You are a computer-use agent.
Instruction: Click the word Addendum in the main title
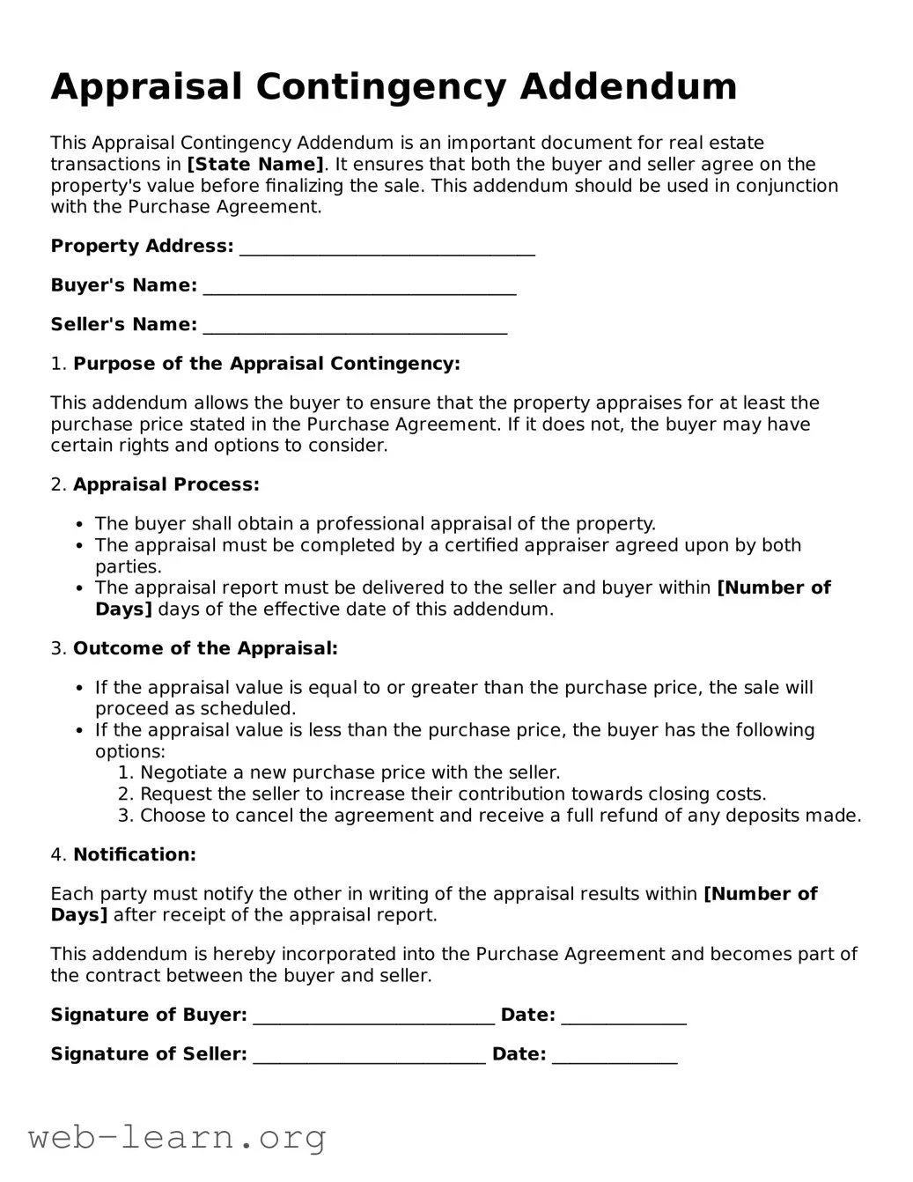click(x=628, y=86)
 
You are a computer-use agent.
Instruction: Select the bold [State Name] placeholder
click(x=255, y=165)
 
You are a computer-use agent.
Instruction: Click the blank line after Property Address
click(x=387, y=247)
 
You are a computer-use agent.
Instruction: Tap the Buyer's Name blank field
click(x=358, y=287)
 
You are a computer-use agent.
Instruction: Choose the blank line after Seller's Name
click(x=354, y=326)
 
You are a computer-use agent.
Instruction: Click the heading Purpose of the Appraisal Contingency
click(x=266, y=364)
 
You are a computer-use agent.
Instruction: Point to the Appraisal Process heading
click(x=166, y=484)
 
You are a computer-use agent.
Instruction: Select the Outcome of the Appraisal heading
click(x=204, y=648)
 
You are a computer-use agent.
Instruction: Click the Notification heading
click(x=134, y=854)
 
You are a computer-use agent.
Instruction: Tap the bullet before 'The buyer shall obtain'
click(x=80, y=525)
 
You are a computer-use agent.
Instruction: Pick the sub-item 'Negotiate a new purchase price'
click(x=350, y=772)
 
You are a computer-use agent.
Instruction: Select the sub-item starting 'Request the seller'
click(x=453, y=794)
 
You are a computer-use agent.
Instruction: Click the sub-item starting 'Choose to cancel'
click(x=500, y=816)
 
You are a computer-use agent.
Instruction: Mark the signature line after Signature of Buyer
click(x=373, y=1016)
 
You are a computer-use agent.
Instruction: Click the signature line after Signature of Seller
click(x=369, y=1055)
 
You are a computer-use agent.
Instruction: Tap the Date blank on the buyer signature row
click(x=623, y=1016)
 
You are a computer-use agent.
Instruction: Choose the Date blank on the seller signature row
click(x=615, y=1055)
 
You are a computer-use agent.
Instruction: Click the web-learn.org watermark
click(x=177, y=1138)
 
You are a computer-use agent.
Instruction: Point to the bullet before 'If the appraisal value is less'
click(x=80, y=731)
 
